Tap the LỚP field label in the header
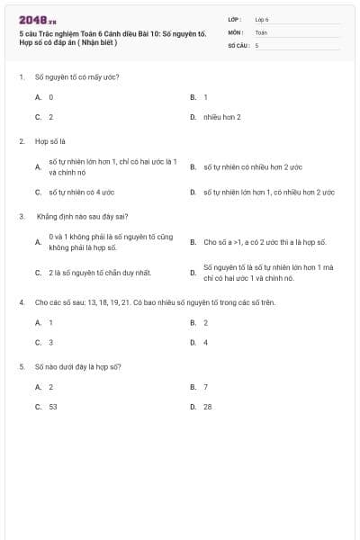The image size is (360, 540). click(235, 18)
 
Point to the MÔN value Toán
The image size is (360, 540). click(261, 31)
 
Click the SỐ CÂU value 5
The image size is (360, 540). click(256, 44)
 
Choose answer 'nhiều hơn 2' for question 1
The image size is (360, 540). click(221, 117)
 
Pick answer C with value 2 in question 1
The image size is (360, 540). click(50, 117)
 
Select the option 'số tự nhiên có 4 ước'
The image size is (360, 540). click(77, 192)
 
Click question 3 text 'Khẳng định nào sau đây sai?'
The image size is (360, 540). click(82, 216)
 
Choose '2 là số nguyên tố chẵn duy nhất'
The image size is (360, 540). click(92, 272)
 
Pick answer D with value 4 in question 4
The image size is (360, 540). click(205, 342)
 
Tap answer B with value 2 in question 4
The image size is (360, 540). click(205, 322)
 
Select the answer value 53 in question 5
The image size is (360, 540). click(53, 407)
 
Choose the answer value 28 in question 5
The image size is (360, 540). click(208, 407)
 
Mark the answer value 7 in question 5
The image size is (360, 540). click(205, 387)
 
